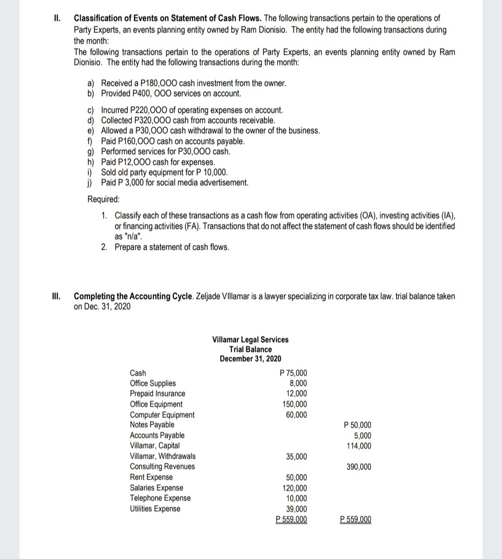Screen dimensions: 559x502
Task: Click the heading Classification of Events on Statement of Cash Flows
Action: click(x=168, y=19)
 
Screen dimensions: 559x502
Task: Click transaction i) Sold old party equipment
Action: click(x=164, y=172)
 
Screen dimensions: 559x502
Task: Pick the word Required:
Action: click(x=104, y=199)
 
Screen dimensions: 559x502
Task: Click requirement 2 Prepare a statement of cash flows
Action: click(x=172, y=247)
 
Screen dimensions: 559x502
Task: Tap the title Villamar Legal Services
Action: click(x=250, y=339)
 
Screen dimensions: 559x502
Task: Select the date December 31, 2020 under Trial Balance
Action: click(x=250, y=359)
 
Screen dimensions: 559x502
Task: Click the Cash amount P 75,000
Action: click(x=293, y=373)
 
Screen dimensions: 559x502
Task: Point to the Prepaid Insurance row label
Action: click(x=157, y=394)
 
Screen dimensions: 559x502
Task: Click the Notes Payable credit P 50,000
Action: click(x=357, y=425)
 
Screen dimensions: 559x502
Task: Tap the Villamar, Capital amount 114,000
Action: click(x=359, y=446)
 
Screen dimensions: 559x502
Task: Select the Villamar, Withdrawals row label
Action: click(x=163, y=456)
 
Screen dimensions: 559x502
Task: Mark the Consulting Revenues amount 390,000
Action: click(x=359, y=467)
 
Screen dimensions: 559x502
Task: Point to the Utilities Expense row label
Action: click(x=155, y=509)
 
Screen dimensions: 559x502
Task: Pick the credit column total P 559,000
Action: click(x=356, y=520)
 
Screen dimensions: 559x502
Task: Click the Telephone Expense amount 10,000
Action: click(x=297, y=499)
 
